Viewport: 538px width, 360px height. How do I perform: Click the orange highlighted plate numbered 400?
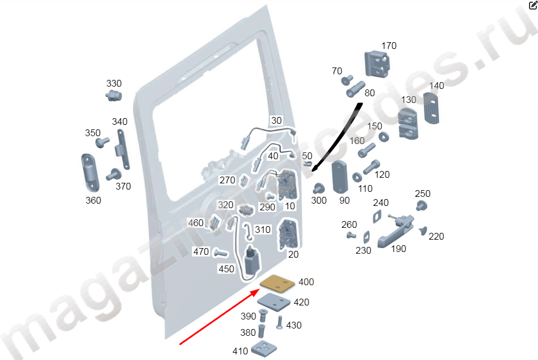(277, 283)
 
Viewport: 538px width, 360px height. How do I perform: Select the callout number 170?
(389, 46)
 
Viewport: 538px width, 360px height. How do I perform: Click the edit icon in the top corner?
(533, 4)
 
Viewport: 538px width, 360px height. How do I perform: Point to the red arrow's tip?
(259, 290)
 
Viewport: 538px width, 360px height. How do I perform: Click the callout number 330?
(114, 83)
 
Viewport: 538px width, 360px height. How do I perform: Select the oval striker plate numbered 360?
(90, 173)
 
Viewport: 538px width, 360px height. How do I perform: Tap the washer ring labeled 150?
(384, 137)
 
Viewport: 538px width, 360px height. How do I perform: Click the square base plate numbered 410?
(264, 348)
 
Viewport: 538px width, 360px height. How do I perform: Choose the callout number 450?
(226, 269)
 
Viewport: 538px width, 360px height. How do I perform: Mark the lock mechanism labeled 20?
(288, 234)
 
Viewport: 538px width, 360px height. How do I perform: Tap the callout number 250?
(423, 193)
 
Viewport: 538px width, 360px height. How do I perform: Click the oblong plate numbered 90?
(340, 177)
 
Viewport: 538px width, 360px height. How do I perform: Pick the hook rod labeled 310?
(248, 231)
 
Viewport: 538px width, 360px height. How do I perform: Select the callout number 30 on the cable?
(276, 120)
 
